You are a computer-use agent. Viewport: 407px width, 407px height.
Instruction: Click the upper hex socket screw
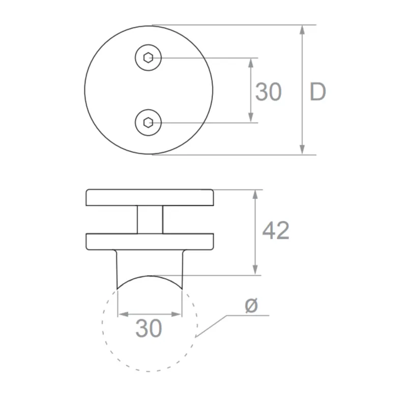coord(148,58)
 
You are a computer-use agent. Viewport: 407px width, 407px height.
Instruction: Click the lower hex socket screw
coord(148,123)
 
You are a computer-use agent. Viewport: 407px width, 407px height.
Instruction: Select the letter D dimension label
coord(317,92)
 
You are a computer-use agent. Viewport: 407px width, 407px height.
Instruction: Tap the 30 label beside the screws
coord(268,92)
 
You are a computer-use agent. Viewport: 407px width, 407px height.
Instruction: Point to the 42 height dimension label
coord(276,231)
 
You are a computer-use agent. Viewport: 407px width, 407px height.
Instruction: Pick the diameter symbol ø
coord(251,306)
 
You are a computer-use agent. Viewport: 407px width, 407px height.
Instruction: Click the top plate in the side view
coord(150,197)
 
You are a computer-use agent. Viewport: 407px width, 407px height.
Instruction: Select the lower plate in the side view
coord(150,241)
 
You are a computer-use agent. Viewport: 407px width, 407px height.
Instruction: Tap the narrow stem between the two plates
coord(150,219)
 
